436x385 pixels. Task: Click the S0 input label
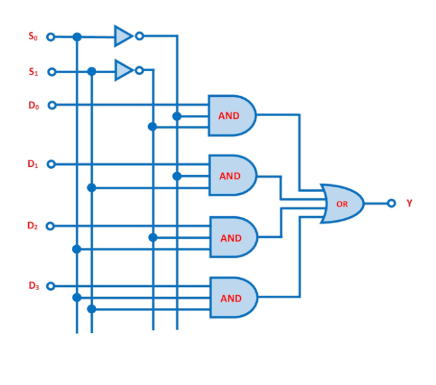click(x=33, y=37)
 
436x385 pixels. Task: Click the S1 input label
click(x=33, y=72)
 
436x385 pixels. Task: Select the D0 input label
click(x=33, y=105)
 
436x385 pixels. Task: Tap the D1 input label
click(x=33, y=164)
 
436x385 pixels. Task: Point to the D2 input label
click(x=33, y=226)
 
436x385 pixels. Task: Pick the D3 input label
click(x=33, y=286)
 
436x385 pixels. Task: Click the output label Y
click(x=409, y=203)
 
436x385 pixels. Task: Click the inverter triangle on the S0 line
click(x=122, y=36)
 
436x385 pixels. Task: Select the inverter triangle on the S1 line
click(x=123, y=70)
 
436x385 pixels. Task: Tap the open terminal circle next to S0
click(x=51, y=37)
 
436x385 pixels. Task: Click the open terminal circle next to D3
click(x=51, y=286)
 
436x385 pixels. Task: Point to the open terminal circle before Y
click(x=391, y=203)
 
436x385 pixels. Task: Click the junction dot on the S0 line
click(x=77, y=37)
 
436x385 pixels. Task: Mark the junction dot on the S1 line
click(x=92, y=71)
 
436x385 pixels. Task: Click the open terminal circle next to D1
click(x=51, y=164)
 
